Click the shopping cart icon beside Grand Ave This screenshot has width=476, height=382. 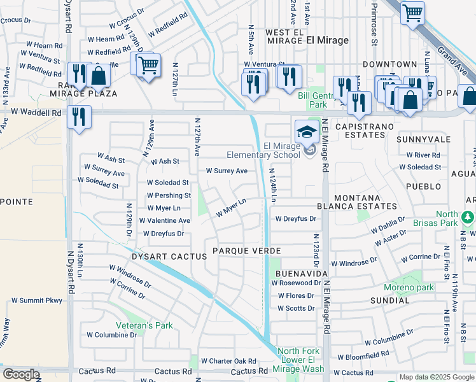point(412,13)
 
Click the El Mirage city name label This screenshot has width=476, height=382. point(328,40)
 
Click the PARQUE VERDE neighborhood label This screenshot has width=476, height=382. point(247,251)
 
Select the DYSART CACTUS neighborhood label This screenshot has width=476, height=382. point(160,257)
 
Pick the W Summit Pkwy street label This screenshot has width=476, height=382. point(36,300)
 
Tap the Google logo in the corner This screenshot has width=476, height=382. point(21,374)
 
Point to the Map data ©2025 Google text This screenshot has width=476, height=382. point(436,377)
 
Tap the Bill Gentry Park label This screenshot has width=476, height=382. point(312,100)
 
